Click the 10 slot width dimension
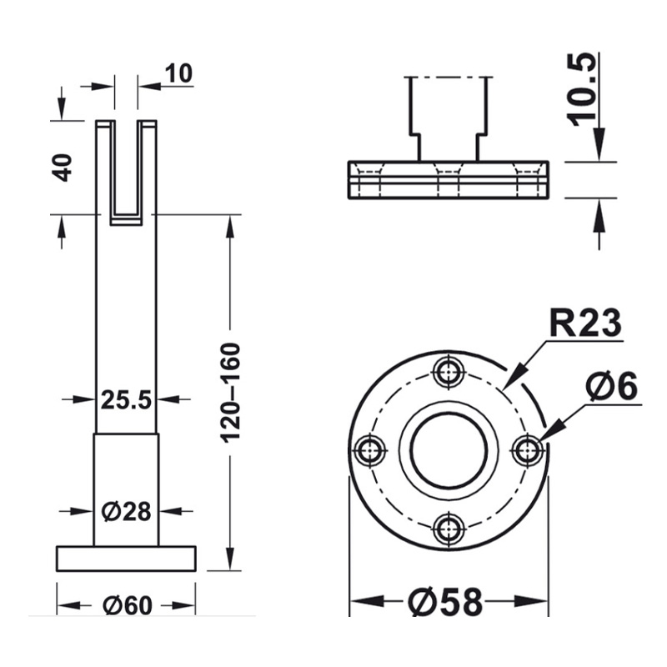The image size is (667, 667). tap(178, 73)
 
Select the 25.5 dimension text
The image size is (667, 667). tap(126, 400)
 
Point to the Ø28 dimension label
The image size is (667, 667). tap(127, 510)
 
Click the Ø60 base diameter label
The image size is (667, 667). tap(127, 605)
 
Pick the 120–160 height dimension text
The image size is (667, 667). tap(231, 392)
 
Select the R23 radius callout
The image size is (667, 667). tap(584, 321)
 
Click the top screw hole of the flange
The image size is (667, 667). tap(449, 371)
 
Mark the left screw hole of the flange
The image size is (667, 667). tap(370, 450)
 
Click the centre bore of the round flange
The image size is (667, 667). tap(449, 450)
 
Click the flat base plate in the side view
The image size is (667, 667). tap(126, 558)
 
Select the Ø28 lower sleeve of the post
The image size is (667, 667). tap(126, 488)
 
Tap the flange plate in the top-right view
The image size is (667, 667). tap(447, 178)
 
